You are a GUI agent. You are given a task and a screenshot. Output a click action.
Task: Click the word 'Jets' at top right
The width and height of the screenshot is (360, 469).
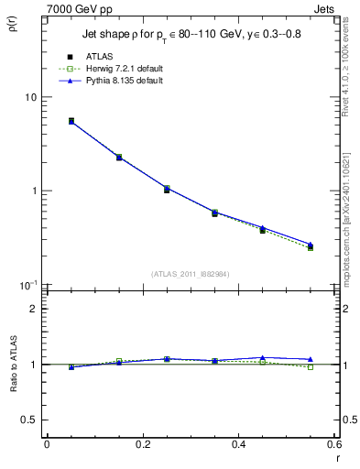(327, 6)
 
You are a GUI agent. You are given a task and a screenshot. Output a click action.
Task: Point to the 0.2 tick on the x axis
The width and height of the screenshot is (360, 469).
(142, 444)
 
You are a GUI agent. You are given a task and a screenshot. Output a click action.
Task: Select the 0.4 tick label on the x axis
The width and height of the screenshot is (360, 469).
(238, 444)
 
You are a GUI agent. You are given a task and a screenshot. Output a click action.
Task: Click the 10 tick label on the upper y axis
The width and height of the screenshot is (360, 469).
(28, 97)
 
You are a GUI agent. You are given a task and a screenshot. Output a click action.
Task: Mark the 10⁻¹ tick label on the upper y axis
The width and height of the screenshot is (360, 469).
(27, 285)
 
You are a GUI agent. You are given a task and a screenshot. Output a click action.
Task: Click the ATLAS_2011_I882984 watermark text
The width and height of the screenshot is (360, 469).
(191, 273)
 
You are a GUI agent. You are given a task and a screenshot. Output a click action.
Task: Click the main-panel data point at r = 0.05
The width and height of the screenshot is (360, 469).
(71, 121)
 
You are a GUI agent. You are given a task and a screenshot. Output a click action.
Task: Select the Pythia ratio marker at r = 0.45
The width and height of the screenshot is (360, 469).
(263, 357)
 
